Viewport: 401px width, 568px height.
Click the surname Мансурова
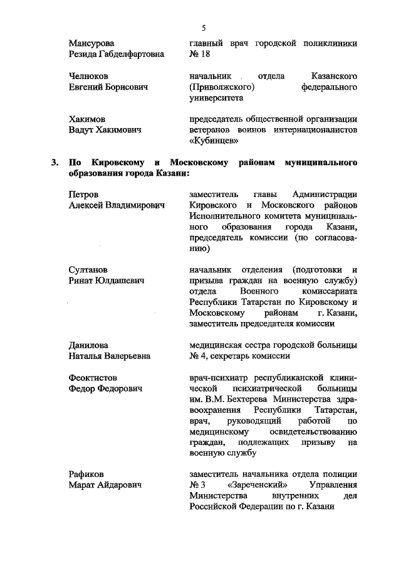pyautogui.click(x=91, y=43)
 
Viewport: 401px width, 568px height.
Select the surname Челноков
pyautogui.click(x=89, y=76)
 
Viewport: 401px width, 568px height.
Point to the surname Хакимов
pyautogui.click(x=87, y=119)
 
